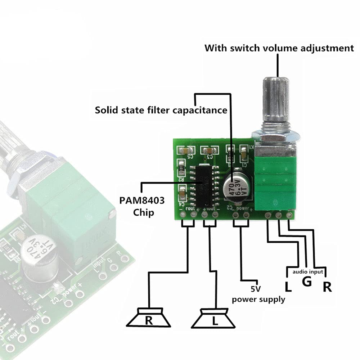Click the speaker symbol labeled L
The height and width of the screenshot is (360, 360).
point(215,319)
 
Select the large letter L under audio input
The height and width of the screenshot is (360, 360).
point(288,287)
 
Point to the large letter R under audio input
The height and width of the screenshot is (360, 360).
point(327,287)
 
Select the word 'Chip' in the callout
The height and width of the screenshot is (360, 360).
point(143,212)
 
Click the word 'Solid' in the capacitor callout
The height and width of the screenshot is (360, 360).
point(107,110)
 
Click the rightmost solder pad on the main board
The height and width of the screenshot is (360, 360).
point(289,215)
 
